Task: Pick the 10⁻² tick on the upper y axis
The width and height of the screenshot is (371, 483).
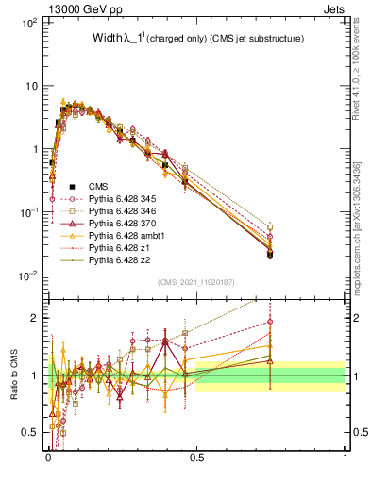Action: pos(29,275)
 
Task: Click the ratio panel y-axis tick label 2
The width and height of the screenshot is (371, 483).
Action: pos(37,318)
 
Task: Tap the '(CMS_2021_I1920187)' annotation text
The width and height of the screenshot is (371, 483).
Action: pos(195,282)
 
